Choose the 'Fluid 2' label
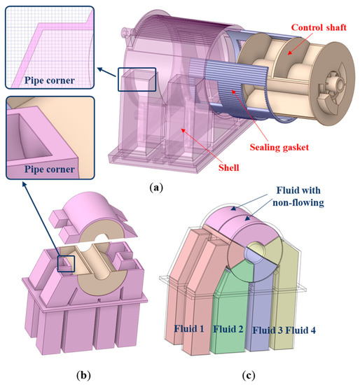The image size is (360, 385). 228,328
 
